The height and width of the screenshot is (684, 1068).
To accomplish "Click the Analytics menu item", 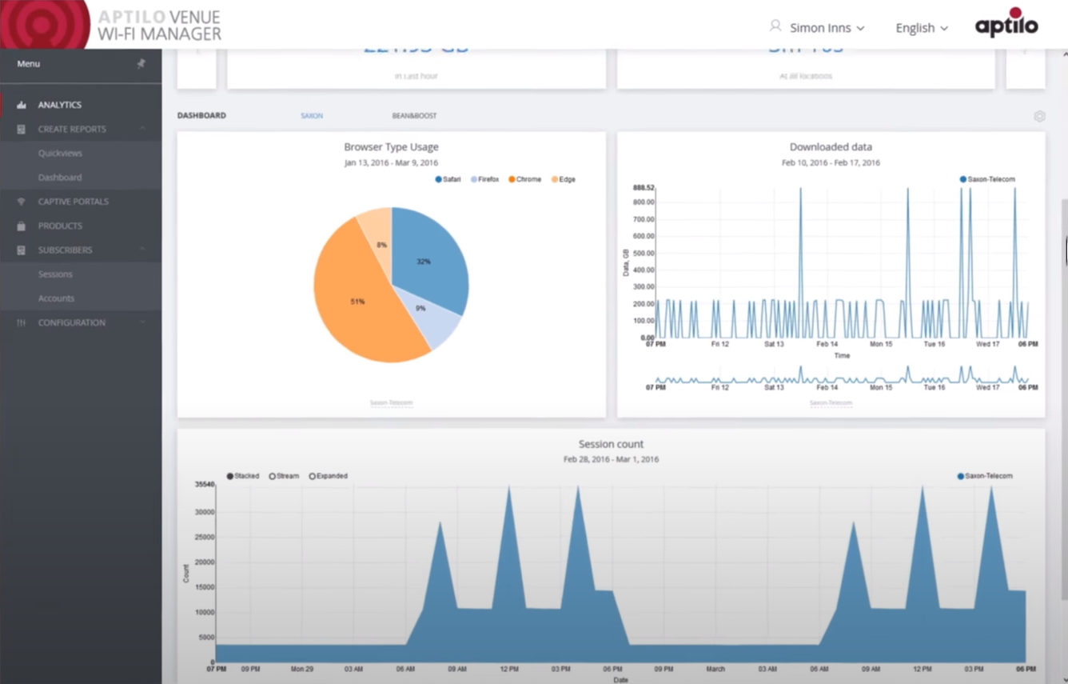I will pyautogui.click(x=59, y=105).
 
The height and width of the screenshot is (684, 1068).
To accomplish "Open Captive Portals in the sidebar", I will pyautogui.click(x=73, y=202).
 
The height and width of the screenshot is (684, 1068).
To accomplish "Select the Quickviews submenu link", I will pyautogui.click(x=60, y=154).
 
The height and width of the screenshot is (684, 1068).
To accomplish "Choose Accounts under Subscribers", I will pyautogui.click(x=56, y=298).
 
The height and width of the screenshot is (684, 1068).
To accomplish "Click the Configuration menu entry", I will pyautogui.click(x=71, y=322).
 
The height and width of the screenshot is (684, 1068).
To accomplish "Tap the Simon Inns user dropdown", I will pyautogui.click(x=819, y=28).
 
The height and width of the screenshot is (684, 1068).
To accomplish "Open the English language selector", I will pyautogui.click(x=921, y=28).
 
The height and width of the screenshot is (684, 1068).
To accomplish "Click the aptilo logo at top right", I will pyautogui.click(x=1006, y=24).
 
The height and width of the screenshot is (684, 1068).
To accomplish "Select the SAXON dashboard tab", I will pyautogui.click(x=312, y=116).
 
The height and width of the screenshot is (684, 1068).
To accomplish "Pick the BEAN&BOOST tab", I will pyautogui.click(x=414, y=116).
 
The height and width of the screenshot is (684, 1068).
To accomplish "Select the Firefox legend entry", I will pyautogui.click(x=485, y=180).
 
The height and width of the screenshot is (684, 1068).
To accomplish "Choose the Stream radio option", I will pyautogui.click(x=284, y=476).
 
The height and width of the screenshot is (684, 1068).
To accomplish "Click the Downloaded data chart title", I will pyautogui.click(x=831, y=147).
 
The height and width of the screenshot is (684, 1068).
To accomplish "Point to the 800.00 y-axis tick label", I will pyautogui.click(x=644, y=202).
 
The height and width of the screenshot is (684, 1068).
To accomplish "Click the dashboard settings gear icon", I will pyautogui.click(x=1039, y=116).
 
